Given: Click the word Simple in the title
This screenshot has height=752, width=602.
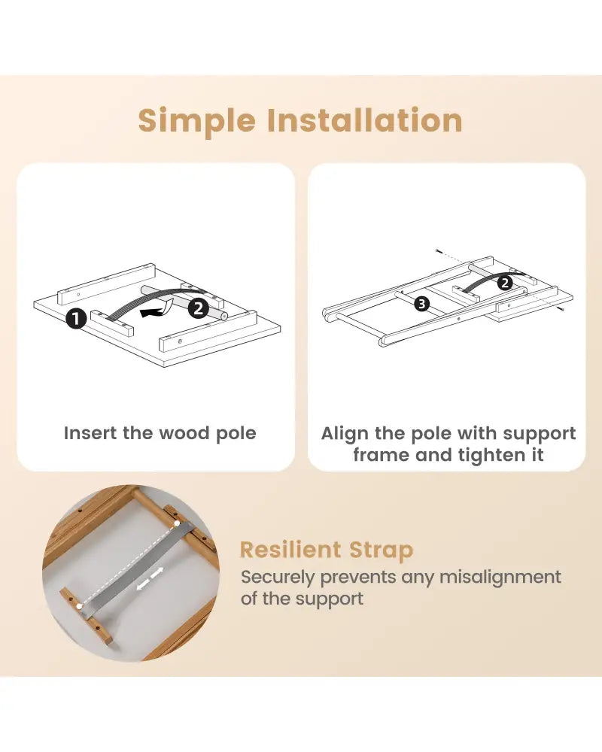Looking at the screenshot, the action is tap(197, 121).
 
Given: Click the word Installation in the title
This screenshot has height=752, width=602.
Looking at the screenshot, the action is tap(364, 120).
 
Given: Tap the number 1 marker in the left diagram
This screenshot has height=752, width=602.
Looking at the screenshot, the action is tap(76, 318).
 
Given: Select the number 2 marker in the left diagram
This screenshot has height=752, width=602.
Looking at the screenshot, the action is tap(198, 308).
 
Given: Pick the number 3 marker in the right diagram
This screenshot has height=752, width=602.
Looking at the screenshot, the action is tap(421, 304).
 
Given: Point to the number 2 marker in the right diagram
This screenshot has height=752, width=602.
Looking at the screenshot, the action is tap(504, 283).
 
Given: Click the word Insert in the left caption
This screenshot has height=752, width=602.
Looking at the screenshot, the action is tap(91, 432).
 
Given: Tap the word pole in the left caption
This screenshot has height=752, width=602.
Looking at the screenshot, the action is tap(236, 434).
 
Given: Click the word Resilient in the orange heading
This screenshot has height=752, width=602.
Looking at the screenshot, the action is tap(290, 550).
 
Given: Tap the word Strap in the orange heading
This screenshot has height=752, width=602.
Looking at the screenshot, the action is tap(382, 550).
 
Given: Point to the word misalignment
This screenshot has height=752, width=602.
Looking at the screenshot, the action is tap(500, 577).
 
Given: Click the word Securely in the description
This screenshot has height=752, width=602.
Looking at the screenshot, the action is tap(278, 578).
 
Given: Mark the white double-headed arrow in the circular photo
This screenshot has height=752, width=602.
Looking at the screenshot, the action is tap(150, 578).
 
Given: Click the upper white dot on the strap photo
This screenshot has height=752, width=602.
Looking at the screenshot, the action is tap(177, 523).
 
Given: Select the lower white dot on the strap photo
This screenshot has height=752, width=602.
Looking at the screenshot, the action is tap(79, 607).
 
